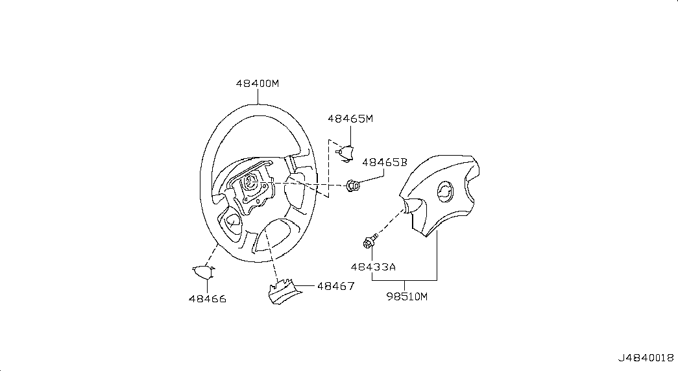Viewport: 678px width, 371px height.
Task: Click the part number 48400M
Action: (258, 84)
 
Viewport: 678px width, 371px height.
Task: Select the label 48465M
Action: (350, 119)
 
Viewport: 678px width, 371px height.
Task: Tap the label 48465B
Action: (384, 162)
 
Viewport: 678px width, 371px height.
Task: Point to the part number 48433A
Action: (372, 266)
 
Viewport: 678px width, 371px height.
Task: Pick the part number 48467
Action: (335, 285)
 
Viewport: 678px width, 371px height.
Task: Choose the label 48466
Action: (207, 299)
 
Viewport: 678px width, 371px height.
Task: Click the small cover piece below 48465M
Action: (346, 152)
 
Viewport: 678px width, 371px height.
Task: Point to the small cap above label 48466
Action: (204, 272)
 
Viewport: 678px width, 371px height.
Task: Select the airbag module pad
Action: (441, 195)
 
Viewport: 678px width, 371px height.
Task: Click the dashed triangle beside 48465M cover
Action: (330, 169)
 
